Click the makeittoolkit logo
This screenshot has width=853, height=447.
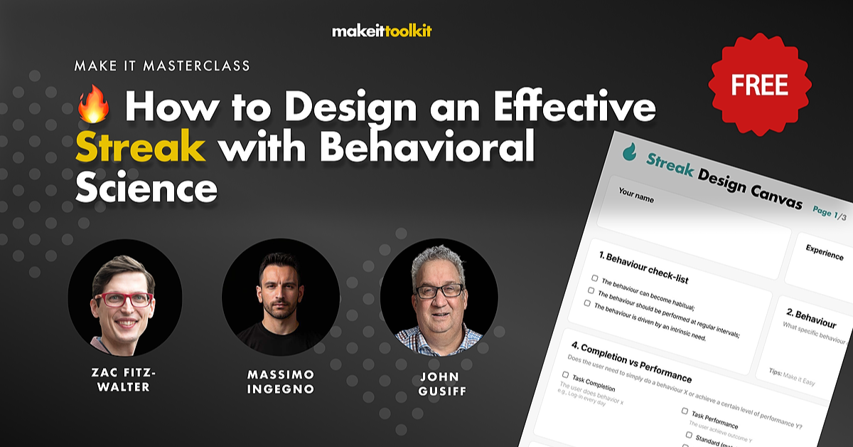(382, 31)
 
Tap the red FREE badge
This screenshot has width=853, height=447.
(760, 85)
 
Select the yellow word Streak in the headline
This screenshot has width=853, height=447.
(141, 149)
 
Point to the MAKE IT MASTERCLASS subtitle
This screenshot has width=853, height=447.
(162, 66)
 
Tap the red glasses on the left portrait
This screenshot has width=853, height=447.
(123, 300)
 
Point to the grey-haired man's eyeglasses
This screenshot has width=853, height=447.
(439, 291)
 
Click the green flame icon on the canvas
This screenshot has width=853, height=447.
(629, 152)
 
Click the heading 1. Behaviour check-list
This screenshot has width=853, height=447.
(643, 266)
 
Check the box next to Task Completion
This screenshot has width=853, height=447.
(566, 374)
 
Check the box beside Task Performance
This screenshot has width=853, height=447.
(685, 411)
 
